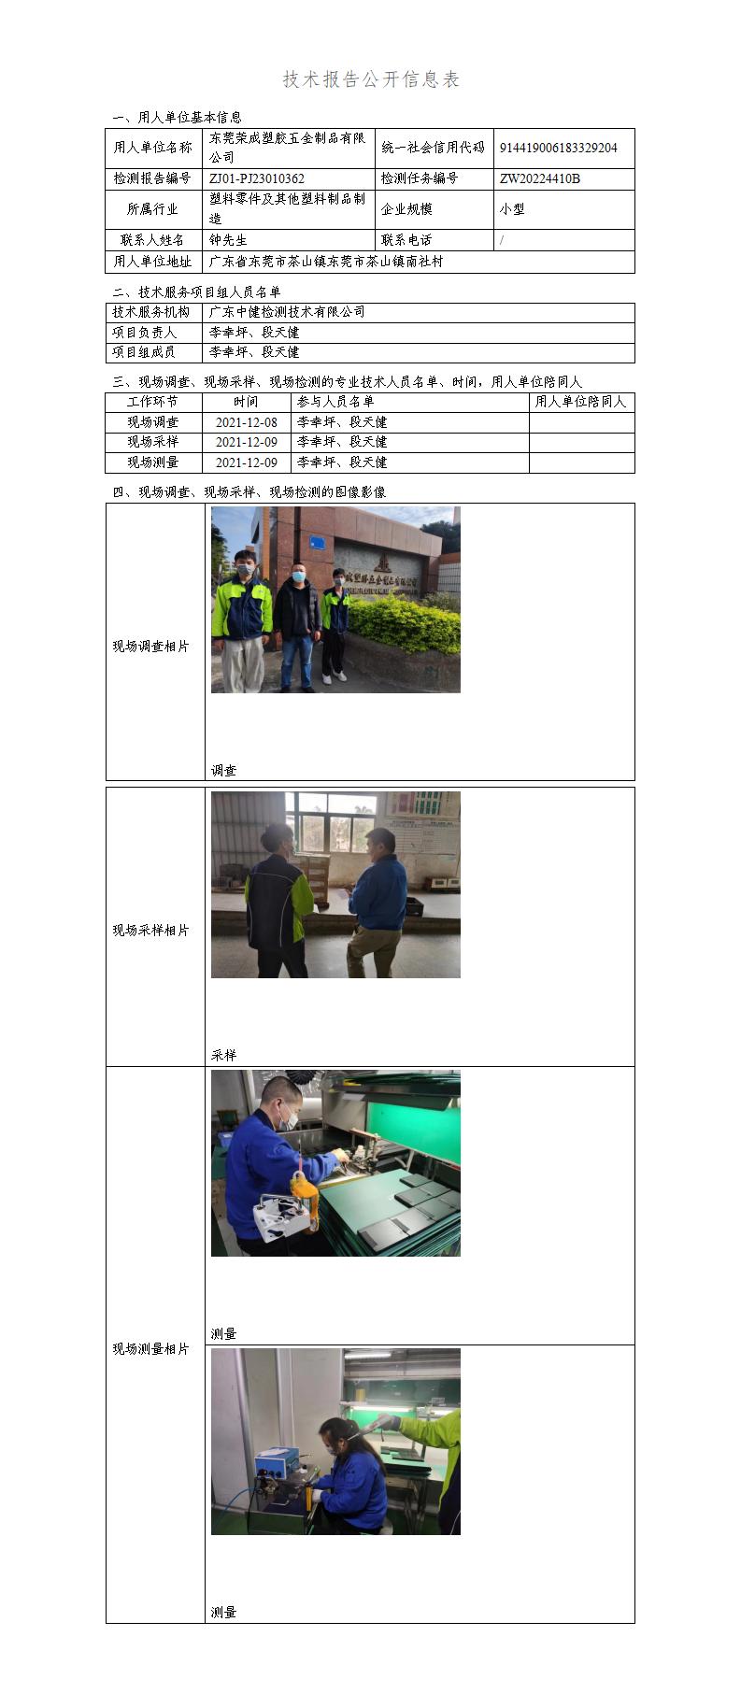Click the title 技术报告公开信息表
coord(371,79)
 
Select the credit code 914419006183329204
coord(558,148)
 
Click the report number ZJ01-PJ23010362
coord(257,178)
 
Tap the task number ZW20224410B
coord(540,178)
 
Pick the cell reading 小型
coord(512,209)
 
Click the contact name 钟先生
coord(228,240)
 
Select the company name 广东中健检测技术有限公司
coord(287,312)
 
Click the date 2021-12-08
coord(247,422)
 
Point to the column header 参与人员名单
coord(335,402)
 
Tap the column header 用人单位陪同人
coord(580,402)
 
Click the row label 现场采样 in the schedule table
coord(153,442)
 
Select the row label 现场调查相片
coord(151,647)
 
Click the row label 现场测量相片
coord(151,1348)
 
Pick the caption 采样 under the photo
coord(223,1055)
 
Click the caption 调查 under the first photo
coord(223,771)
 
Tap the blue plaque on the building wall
coord(319,541)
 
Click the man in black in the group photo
coord(297,621)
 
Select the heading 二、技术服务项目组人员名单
coord(196,292)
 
